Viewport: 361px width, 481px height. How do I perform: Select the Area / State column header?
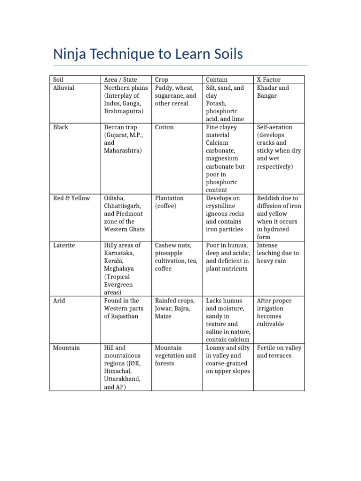pyautogui.click(x=124, y=80)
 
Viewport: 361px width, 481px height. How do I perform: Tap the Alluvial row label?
pyautogui.click(x=63, y=88)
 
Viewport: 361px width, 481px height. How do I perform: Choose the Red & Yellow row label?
pyautogui.click(x=71, y=198)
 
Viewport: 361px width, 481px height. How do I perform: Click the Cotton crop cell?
pyautogui.click(x=164, y=127)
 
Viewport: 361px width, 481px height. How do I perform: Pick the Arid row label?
pyautogui.click(x=59, y=301)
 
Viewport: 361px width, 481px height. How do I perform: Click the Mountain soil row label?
pyautogui.click(x=66, y=348)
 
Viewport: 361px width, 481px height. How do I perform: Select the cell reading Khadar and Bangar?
pyautogui.click(x=273, y=92)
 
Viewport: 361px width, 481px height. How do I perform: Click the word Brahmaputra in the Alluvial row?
pyautogui.click(x=124, y=111)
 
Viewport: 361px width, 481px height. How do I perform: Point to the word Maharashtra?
pyautogui.click(x=124, y=151)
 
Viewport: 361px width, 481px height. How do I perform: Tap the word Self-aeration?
pyautogui.click(x=275, y=127)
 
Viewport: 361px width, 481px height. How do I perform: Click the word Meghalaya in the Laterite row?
pyautogui.click(x=119, y=269)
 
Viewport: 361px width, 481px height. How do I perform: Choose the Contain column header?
pyautogui.click(x=217, y=80)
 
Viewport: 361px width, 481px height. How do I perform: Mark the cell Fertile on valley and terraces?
pyautogui.click(x=279, y=352)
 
